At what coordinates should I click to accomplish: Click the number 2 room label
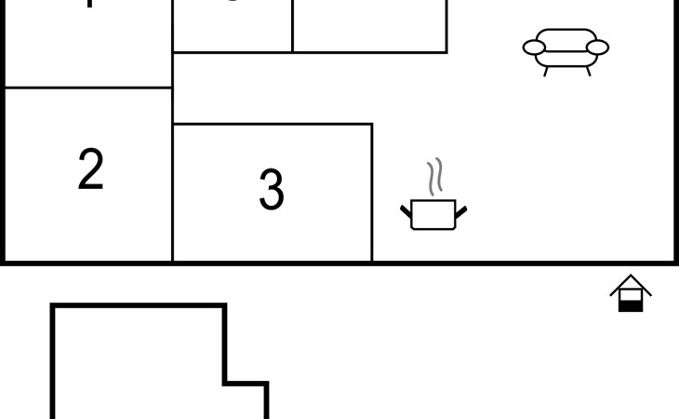90,169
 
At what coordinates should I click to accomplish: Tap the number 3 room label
271,189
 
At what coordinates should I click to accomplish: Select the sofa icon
566,48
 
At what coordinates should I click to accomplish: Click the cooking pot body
433,215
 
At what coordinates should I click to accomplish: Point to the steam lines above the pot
434,177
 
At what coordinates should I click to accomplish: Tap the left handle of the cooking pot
406,212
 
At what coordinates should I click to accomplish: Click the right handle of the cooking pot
461,212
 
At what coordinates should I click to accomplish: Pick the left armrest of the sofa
534,47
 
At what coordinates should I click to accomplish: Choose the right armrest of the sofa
598,47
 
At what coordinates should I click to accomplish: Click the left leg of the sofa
546,71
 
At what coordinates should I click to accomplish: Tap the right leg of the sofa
588,71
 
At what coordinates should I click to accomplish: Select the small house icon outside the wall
631,293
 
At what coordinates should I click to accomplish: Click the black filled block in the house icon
631,304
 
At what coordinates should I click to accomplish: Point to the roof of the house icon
631,282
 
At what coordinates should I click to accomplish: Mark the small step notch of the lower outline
246,383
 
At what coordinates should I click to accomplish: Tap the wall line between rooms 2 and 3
172,196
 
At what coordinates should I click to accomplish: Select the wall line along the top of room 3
273,124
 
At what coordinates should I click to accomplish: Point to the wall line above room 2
88,88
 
